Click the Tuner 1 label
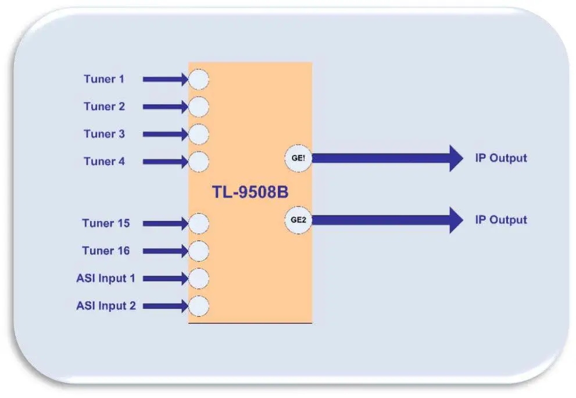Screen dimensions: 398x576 coord(103,79)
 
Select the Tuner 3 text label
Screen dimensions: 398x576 coord(103,134)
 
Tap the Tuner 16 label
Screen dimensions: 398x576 coord(106,251)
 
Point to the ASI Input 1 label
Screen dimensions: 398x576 coord(105,278)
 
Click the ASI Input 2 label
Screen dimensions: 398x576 coord(105,305)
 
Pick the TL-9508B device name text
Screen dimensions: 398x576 coord(250,193)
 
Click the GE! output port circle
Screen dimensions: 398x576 coord(298,158)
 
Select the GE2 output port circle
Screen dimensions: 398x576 coord(298,220)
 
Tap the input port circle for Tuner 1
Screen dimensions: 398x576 coord(199,79)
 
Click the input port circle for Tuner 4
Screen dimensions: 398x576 coord(199,161)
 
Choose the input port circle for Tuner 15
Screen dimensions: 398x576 coord(199,223)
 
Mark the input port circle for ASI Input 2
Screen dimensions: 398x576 coord(199,305)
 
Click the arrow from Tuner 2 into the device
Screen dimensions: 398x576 coord(165,107)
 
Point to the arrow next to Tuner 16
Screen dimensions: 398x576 coord(165,251)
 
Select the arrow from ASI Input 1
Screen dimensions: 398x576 coord(165,279)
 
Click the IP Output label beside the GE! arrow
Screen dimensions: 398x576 coord(501,158)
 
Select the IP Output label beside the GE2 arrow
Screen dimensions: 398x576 coord(501,220)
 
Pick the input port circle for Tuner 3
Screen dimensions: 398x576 coord(199,134)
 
